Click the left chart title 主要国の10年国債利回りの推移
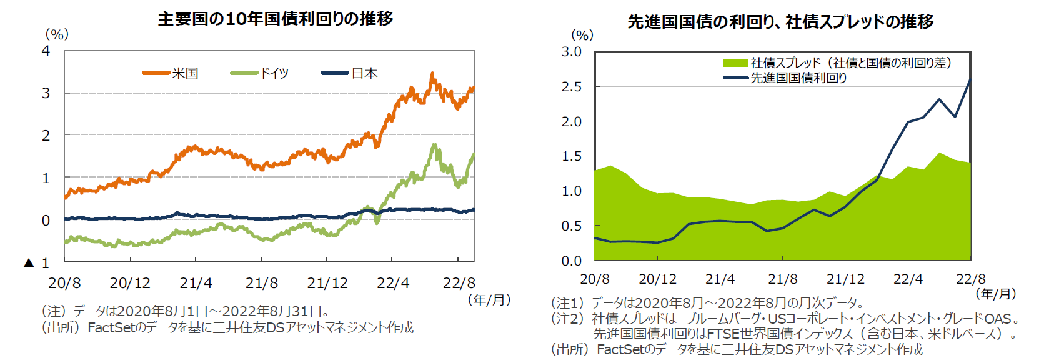pos(276,19)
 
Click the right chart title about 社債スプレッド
pos(780,22)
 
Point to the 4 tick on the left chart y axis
pos(46,51)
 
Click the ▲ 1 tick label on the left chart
pos(37,263)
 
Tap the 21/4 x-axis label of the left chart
pos(196,283)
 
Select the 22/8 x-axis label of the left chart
pos(459,283)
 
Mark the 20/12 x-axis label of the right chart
pos(657,279)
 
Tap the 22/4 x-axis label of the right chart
pos(908,279)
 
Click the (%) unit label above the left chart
pos(57,34)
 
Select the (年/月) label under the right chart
pos(996,294)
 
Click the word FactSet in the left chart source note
pos(111,327)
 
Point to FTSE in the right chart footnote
pos(723,334)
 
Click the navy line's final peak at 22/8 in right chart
pos(970,80)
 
